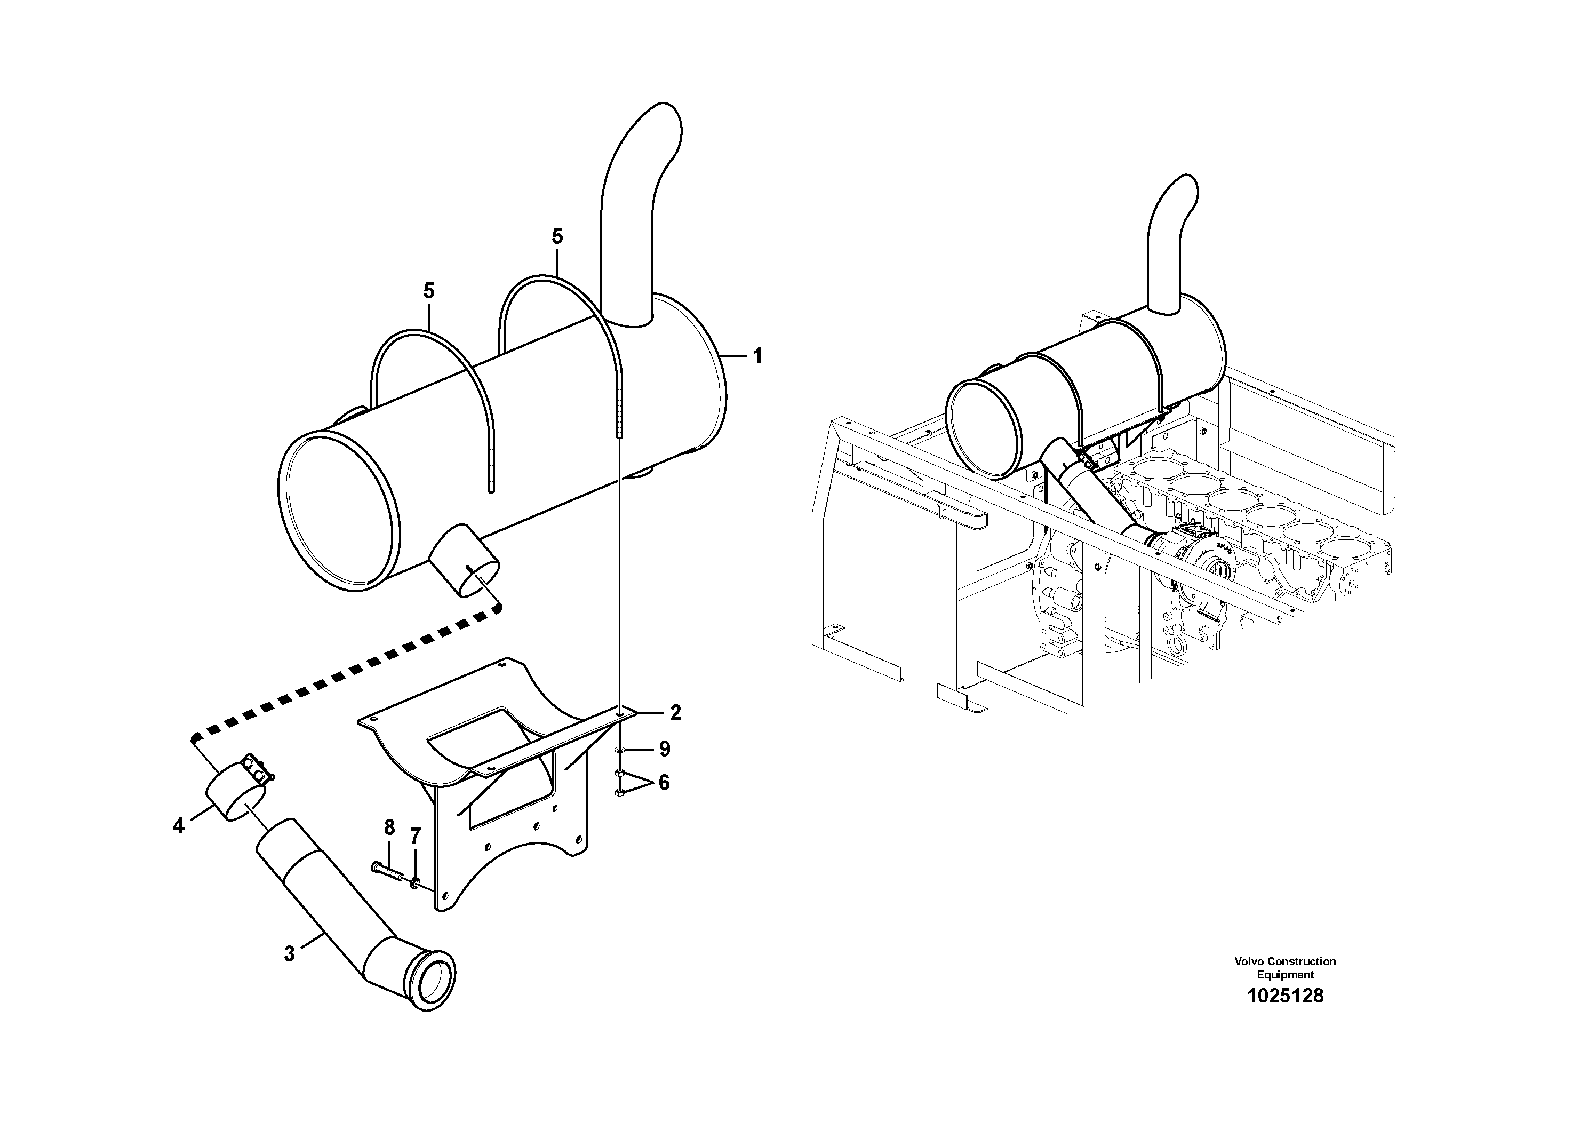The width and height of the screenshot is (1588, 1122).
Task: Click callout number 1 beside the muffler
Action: (757, 356)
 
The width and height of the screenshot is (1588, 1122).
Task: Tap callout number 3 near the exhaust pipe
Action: (289, 954)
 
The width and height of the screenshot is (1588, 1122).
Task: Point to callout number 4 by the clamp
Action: (179, 825)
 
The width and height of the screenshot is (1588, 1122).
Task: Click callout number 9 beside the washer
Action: (664, 749)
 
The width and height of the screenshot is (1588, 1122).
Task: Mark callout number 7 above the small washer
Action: (415, 837)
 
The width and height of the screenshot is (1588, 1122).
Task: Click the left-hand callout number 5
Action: (429, 291)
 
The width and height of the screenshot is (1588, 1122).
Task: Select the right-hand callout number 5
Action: (557, 236)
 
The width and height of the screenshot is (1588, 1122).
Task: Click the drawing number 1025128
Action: (1285, 996)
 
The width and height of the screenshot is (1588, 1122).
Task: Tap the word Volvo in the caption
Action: (1248, 961)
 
